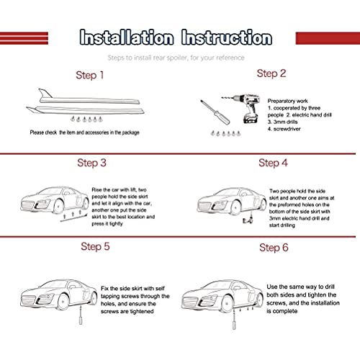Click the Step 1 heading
pyautogui.click(x=89, y=75)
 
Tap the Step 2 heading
pyautogui.click(x=271, y=73)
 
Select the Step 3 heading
pyautogui.click(x=91, y=163)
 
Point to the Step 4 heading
pyautogui.click(x=273, y=163)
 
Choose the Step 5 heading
pyautogui.click(x=95, y=246)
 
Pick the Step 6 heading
pyautogui.click(x=274, y=248)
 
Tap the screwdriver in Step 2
pyautogui.click(x=215, y=112)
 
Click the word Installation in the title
pyautogui.click(x=127, y=37)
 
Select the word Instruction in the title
pyautogui.click(x=227, y=37)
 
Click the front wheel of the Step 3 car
pyautogui.click(x=58, y=207)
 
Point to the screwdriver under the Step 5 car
pyautogui.click(x=81, y=315)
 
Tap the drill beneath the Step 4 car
pyautogui.click(x=248, y=219)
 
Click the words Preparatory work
pyautogui.click(x=287, y=101)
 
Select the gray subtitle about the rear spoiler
pyautogui.click(x=176, y=58)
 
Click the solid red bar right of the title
pyautogui.click(x=328, y=38)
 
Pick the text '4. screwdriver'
pyautogui.click(x=284, y=129)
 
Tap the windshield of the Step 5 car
pyautogui.click(x=53, y=284)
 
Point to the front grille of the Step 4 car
pyautogui.click(x=204, y=206)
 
